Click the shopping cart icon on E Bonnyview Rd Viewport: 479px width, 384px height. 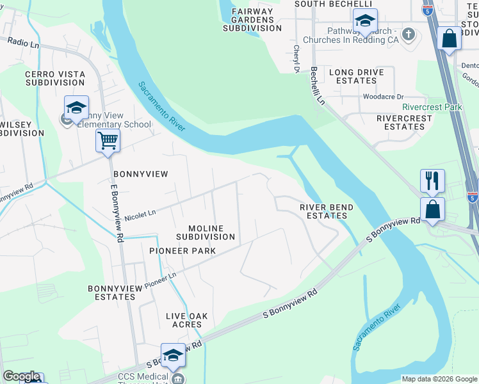(108, 140)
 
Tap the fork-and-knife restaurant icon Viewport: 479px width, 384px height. (432, 180)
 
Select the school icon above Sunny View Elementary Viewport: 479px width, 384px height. (76, 108)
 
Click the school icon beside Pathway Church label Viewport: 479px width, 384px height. (364, 21)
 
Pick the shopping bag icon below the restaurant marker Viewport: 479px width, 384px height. (432, 209)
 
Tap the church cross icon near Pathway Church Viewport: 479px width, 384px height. (408, 33)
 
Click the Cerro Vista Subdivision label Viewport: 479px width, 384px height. (55, 79)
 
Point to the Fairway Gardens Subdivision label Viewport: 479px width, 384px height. (252, 20)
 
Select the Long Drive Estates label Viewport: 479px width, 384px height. (353, 76)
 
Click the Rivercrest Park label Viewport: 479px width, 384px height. (432, 107)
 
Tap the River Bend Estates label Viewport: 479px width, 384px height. (326, 211)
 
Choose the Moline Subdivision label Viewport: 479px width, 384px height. (206, 232)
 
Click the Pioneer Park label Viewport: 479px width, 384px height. (182, 251)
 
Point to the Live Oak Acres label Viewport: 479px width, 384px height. (188, 320)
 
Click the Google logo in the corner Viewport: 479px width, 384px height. (22, 376)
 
